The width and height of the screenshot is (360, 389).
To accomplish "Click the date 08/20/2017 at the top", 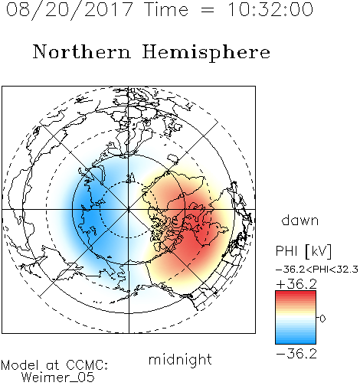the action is [x=70, y=10].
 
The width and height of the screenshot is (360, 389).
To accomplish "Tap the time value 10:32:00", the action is [x=270, y=10].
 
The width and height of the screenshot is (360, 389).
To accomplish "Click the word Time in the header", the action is [x=166, y=10].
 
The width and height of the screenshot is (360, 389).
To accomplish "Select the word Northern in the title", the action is [x=82, y=52].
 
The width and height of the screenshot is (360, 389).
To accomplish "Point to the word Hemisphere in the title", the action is [x=206, y=53].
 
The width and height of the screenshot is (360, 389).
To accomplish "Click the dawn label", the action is [x=300, y=220].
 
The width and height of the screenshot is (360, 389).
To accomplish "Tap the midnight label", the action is [x=180, y=360].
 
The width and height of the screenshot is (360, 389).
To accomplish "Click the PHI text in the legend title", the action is [x=286, y=251].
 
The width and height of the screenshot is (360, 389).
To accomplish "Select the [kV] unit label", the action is [x=319, y=251].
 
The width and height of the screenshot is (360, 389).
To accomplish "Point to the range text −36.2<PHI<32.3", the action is [x=317, y=270].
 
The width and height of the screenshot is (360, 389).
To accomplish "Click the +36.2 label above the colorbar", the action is [x=296, y=284].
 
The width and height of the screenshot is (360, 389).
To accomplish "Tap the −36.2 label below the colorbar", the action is [x=296, y=354].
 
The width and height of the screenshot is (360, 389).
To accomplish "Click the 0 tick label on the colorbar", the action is [x=322, y=319].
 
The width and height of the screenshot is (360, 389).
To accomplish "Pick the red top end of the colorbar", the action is [x=296, y=293].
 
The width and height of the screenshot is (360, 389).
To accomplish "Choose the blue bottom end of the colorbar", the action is [x=296, y=342].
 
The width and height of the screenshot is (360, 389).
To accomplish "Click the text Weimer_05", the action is [x=58, y=378].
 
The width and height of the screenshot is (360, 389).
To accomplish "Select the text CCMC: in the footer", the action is [x=87, y=365].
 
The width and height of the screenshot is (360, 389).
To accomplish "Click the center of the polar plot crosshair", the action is [x=129, y=210].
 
